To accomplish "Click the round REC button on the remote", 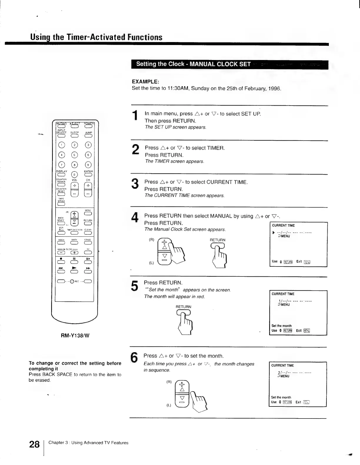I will [x=71, y=281].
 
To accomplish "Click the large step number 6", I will [x=134, y=358].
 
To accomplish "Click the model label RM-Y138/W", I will [x=75, y=335].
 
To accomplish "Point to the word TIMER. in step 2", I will [x=216, y=148].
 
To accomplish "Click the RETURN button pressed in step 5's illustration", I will [x=184, y=314].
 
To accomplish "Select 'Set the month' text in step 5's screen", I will [x=281, y=326].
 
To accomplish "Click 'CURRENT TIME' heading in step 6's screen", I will [x=282, y=365].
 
